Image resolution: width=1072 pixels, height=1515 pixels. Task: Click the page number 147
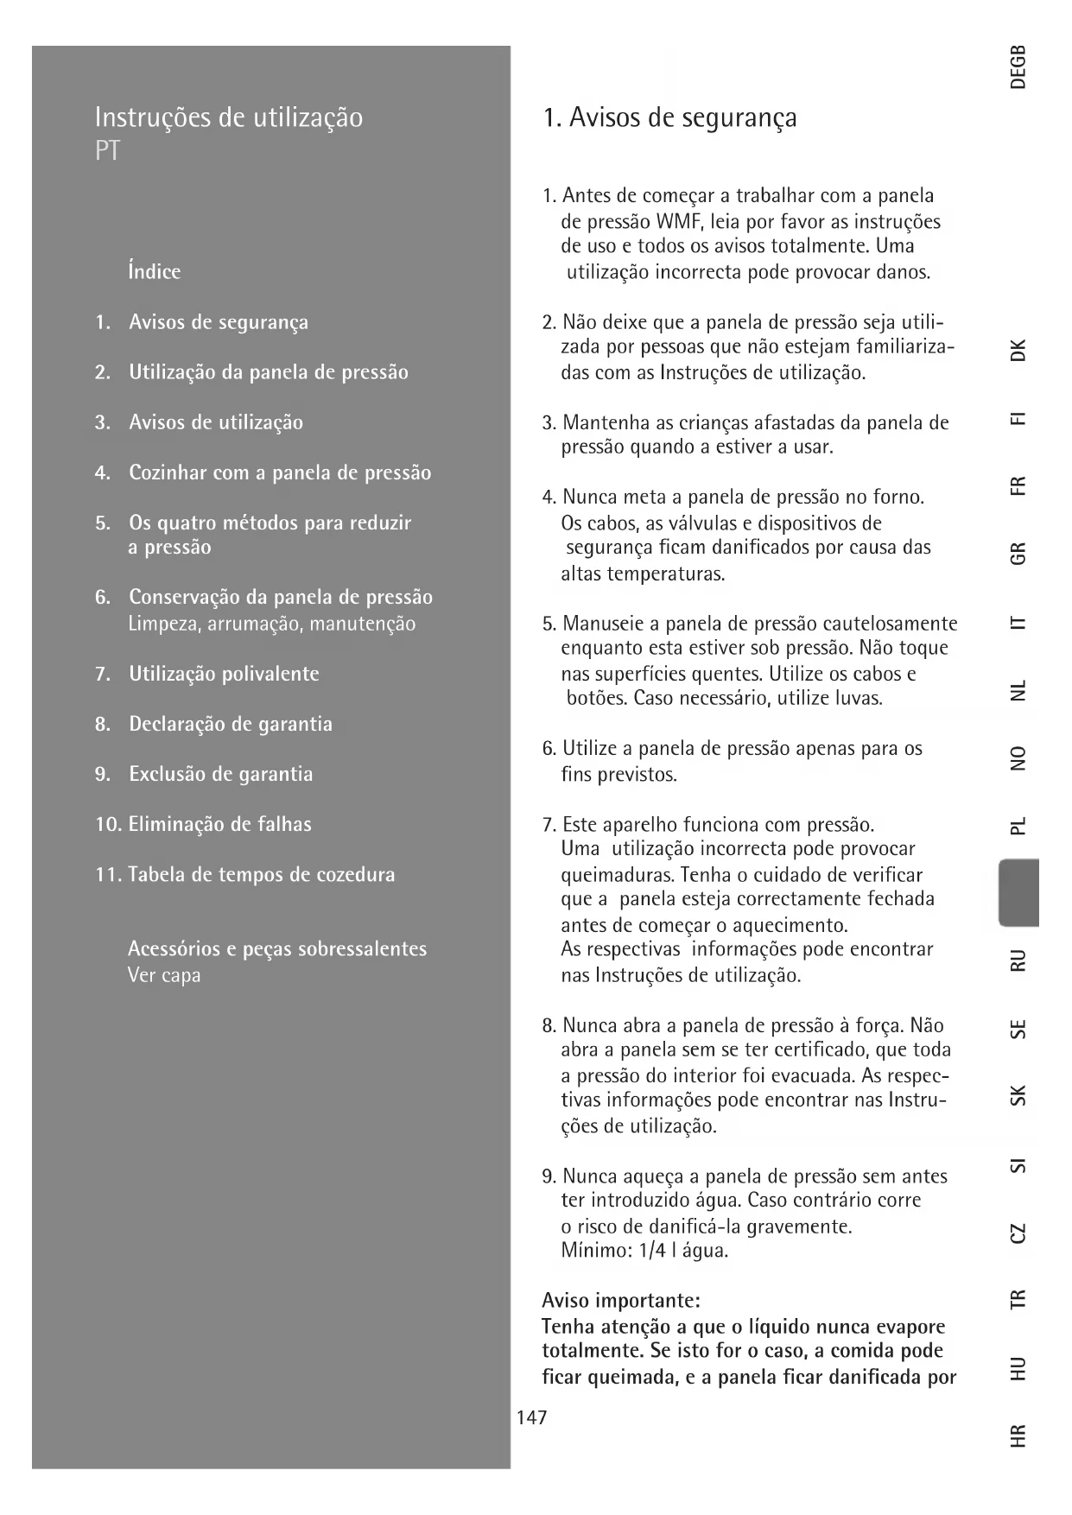point(531,1417)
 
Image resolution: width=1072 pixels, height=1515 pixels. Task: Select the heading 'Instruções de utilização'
point(229,117)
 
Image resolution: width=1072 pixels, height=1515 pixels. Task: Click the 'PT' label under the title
point(107,152)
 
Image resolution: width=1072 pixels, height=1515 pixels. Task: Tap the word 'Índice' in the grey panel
point(155,271)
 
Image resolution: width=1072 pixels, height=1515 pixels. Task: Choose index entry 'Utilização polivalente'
point(224,674)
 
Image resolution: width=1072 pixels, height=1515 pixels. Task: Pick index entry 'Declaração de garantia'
point(231,724)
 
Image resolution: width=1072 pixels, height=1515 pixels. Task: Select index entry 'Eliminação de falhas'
point(219,824)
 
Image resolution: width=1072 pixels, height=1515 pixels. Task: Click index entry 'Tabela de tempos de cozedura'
point(261,874)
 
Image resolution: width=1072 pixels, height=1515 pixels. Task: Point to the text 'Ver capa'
point(164,975)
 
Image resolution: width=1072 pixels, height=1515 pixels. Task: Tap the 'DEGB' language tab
point(1018,67)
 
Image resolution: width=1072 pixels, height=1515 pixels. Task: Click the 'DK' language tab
point(1018,350)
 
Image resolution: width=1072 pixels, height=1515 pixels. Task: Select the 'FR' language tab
point(1018,485)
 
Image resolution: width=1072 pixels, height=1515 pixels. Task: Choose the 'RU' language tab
point(1018,960)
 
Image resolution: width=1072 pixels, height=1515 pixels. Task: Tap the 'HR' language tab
point(1018,1436)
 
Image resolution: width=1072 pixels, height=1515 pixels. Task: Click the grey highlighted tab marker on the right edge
point(1018,892)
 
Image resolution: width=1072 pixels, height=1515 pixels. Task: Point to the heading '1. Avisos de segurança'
point(669,117)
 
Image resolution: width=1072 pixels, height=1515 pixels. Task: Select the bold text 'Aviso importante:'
point(621,1300)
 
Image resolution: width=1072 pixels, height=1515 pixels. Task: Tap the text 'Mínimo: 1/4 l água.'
point(644,1250)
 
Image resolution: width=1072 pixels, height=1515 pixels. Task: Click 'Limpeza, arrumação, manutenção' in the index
point(271,624)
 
